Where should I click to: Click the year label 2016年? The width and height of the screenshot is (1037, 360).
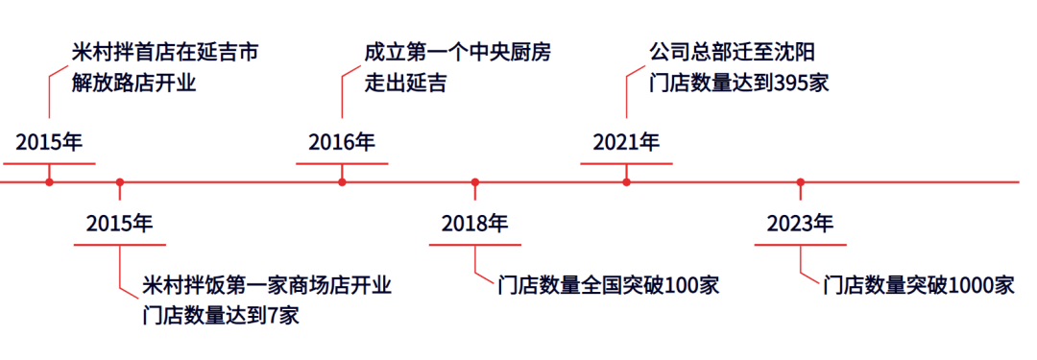tap(341, 143)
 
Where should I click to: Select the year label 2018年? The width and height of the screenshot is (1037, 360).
tap(474, 224)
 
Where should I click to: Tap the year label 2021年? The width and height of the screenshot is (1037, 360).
tap(626, 143)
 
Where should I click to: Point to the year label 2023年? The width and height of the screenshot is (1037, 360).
tap(800, 224)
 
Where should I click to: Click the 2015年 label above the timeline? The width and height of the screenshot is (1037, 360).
tap(49, 143)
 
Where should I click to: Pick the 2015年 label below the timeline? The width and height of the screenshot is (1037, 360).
tap(119, 224)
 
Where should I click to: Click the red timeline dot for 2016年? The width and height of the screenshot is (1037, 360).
tap(342, 181)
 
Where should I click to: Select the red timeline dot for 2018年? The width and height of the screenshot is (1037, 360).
tap(474, 181)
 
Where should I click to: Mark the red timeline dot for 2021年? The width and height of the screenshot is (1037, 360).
tap(626, 181)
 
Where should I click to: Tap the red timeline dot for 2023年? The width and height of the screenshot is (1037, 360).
tap(800, 181)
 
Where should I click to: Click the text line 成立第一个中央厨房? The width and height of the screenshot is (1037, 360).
tap(458, 52)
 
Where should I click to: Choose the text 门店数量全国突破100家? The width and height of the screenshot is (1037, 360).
tap(609, 285)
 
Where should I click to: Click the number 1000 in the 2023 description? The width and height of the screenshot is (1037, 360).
tap(970, 285)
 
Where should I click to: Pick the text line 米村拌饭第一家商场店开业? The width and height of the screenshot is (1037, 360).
tap(266, 285)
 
